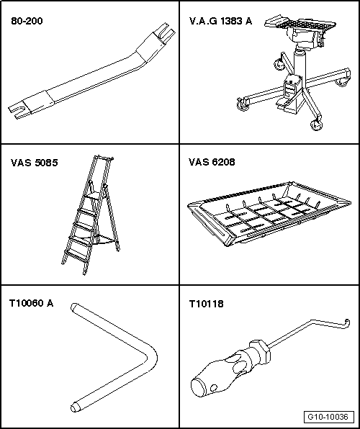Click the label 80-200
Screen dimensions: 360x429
27,21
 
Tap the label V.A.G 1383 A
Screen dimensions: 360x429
220,21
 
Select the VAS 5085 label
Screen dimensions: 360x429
35,163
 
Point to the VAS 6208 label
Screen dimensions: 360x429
212,162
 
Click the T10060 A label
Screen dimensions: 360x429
31,303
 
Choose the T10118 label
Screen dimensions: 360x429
206,304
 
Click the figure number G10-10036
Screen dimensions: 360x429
328,417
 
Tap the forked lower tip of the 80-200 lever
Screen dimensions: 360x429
15,112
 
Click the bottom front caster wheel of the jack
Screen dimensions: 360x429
316,125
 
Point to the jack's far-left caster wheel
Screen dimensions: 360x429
243,104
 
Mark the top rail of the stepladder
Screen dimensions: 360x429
104,158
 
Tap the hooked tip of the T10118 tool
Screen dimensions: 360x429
346,323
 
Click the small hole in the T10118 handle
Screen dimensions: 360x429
214,388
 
